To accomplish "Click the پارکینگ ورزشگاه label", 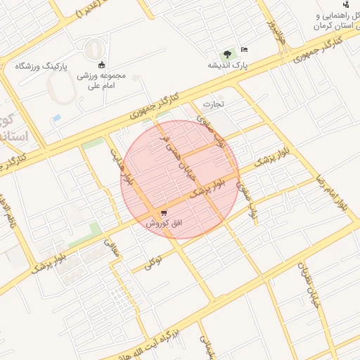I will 40,67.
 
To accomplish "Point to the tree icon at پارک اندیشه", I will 227,54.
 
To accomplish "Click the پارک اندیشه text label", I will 227,65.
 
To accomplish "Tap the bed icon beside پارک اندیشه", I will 244,49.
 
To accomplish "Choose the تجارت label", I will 213,104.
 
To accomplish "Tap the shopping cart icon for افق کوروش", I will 164,212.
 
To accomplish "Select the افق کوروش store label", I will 164,223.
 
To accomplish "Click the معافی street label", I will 112,248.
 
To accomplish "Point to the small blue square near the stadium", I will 56,117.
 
